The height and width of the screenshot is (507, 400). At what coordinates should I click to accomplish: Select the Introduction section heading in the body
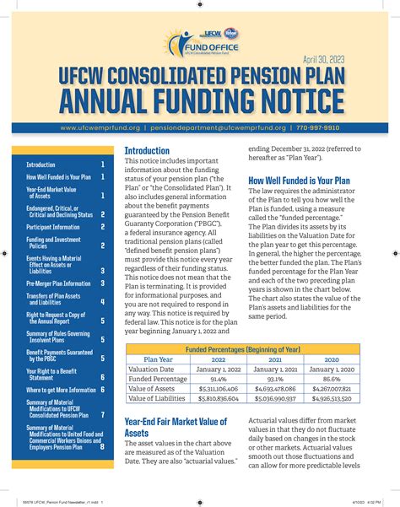pos(147,151)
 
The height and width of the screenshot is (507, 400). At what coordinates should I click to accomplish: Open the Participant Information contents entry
pos(53,227)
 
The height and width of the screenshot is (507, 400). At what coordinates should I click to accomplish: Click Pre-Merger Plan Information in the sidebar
pos(58,283)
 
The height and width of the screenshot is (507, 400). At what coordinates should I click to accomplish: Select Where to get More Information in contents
pos(61,390)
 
